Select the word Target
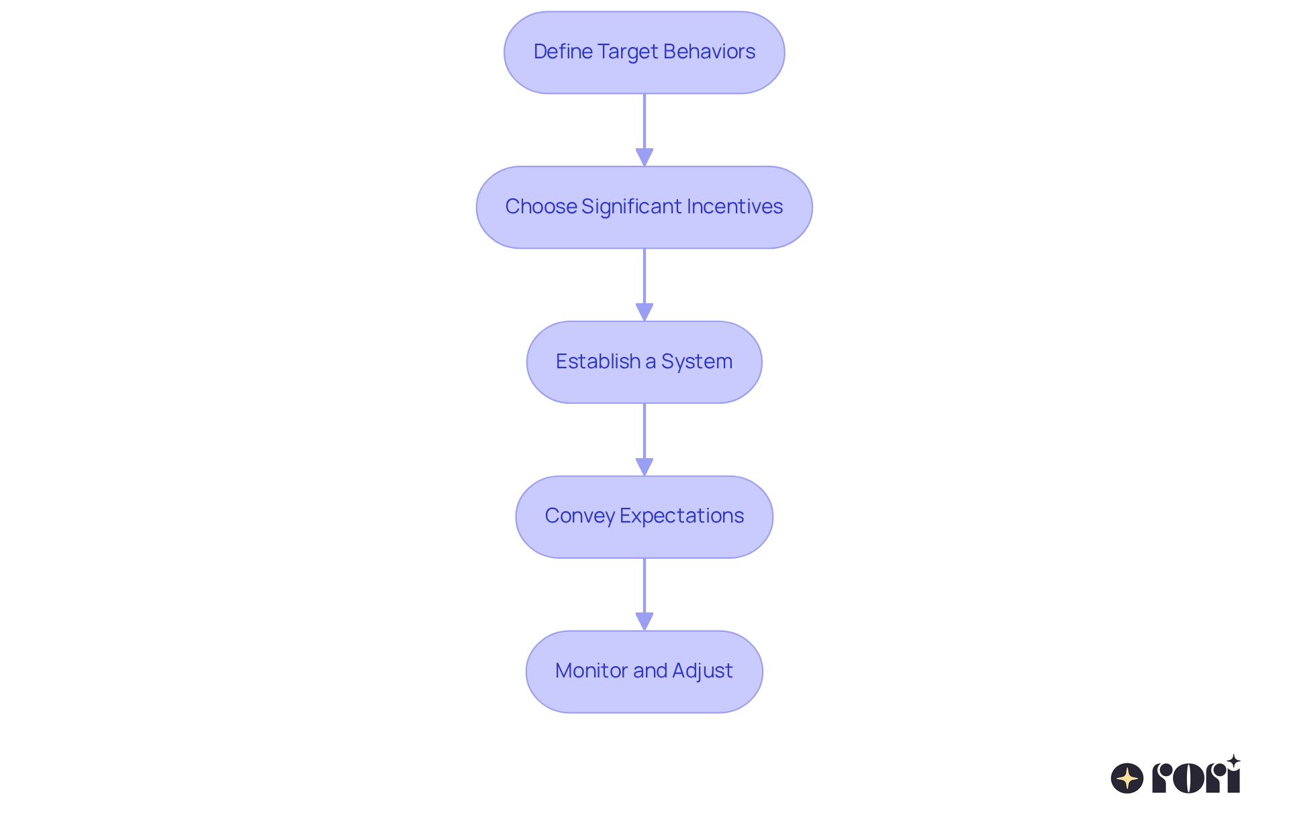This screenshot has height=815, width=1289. (x=627, y=52)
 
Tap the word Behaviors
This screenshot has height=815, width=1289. (x=709, y=52)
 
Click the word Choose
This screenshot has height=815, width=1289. (x=540, y=207)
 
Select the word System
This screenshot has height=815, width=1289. (x=697, y=362)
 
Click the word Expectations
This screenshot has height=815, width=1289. (x=681, y=516)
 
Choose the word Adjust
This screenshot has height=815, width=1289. (x=702, y=671)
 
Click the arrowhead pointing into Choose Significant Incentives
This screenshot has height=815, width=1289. (x=644, y=157)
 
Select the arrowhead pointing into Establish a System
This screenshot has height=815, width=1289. (x=644, y=312)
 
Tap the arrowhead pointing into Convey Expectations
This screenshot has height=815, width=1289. (x=644, y=467)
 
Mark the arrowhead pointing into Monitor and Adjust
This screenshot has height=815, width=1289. (x=644, y=621)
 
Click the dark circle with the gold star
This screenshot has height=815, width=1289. (x=1127, y=778)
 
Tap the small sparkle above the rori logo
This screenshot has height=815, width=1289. (x=1233, y=761)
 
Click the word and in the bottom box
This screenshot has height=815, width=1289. (x=650, y=671)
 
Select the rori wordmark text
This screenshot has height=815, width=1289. (x=1196, y=778)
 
